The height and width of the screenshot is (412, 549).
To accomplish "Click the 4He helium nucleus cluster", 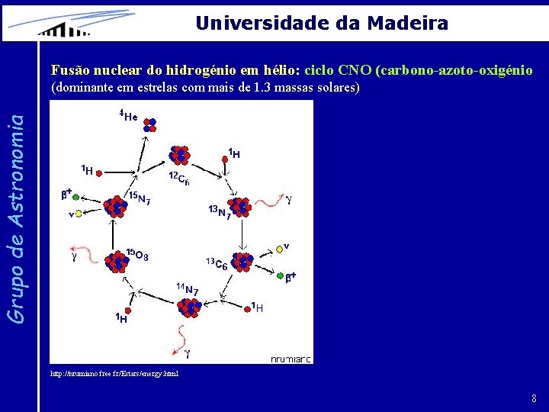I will (149, 125).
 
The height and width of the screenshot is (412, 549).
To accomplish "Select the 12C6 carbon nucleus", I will (180, 155).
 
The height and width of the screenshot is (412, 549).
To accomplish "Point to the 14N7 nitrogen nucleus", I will (188, 307).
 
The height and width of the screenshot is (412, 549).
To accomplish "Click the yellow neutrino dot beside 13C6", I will (279, 249).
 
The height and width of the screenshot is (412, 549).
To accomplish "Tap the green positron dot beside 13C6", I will (281, 275).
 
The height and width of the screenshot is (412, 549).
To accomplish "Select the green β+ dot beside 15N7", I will (76, 196).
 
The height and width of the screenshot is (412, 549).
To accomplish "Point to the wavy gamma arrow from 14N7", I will (181, 336).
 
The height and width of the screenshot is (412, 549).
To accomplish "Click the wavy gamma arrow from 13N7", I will (268, 200).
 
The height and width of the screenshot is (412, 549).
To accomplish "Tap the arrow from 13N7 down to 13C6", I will (242, 233).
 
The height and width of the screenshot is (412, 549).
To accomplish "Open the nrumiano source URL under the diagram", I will (114, 374).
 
